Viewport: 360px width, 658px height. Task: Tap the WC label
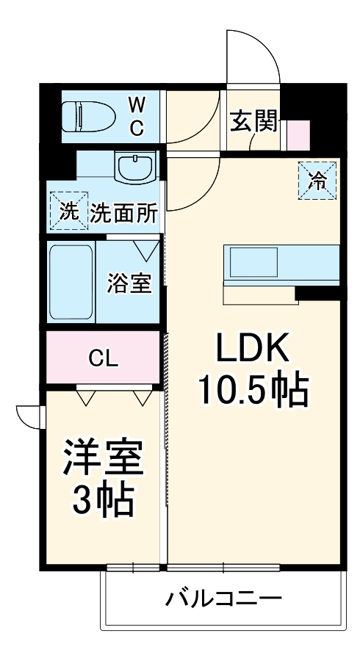pos(137,115)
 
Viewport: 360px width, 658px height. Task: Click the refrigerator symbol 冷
pos(317,180)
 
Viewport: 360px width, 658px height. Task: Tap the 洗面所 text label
pos(124,213)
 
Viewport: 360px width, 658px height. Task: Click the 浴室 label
pos(129,283)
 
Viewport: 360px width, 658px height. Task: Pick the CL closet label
pos(104,358)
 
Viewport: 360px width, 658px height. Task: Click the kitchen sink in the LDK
pos(253,262)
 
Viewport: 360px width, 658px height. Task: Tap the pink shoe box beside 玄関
pos(298,134)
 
